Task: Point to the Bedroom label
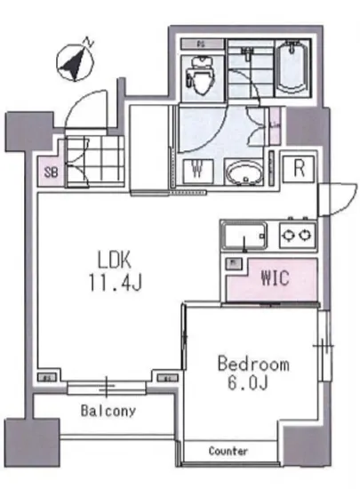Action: (x=253, y=364)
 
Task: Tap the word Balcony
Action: (x=108, y=411)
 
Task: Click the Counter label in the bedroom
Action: (x=228, y=452)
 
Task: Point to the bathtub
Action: (x=290, y=67)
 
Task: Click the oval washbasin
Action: (x=241, y=172)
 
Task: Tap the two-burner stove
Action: (x=296, y=236)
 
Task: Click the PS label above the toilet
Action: (x=200, y=44)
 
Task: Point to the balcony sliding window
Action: (x=108, y=387)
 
